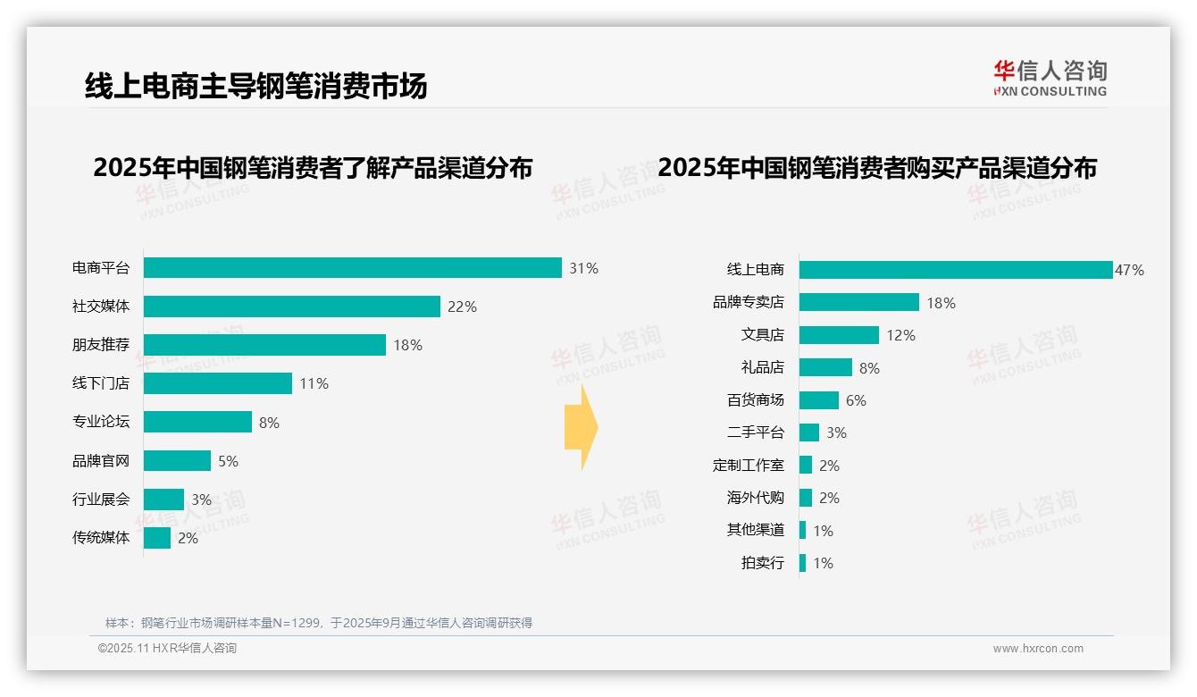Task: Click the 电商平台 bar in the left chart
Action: coord(352,268)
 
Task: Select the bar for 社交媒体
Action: coord(291,307)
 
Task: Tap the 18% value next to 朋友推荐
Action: coord(407,345)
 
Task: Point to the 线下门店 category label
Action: coord(101,383)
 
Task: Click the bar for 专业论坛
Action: coord(197,422)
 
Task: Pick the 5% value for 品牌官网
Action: coord(228,461)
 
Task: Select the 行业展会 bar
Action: coord(163,500)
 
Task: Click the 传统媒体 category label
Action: coord(101,538)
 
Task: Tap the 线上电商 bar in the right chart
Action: coord(955,270)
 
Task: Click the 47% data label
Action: coord(1129,270)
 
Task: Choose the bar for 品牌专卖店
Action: coord(858,302)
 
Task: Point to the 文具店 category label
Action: coord(762,335)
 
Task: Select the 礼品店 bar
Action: coord(825,367)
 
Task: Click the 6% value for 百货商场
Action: coord(856,400)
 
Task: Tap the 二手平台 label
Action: coord(755,432)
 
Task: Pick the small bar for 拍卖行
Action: coord(802,563)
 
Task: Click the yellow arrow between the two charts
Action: coord(581,427)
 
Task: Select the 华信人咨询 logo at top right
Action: coord(1050,78)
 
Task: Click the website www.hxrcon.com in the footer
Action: coord(1038,649)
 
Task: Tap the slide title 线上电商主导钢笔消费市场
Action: coord(256,86)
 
